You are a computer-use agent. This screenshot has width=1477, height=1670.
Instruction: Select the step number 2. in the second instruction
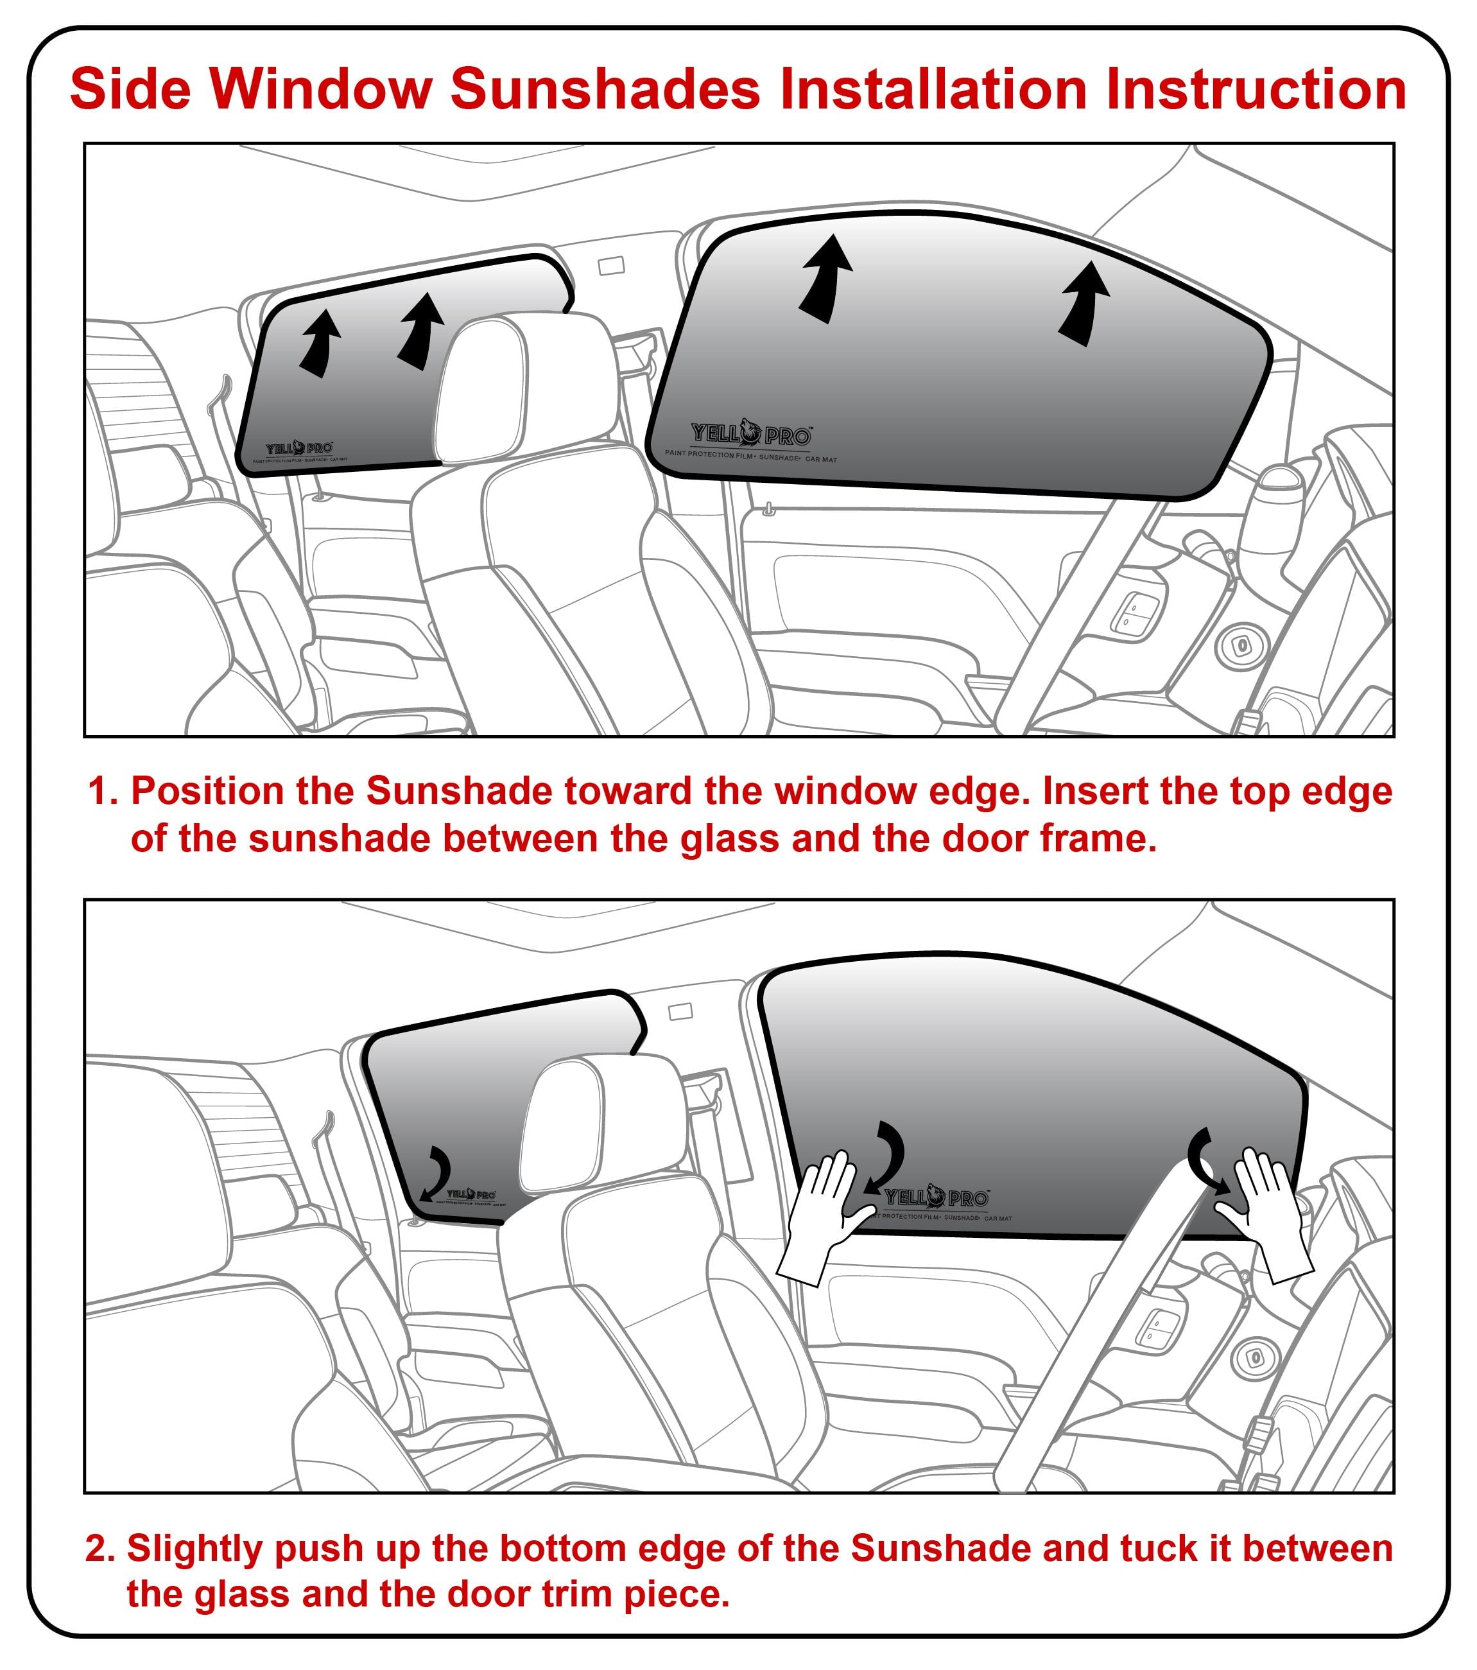[x=101, y=1548]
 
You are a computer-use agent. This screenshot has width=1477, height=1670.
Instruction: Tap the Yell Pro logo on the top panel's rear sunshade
[x=298, y=449]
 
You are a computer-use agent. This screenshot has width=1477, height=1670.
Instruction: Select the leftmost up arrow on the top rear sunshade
[x=320, y=343]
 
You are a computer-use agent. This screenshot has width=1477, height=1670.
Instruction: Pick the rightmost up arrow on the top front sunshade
[x=1085, y=302]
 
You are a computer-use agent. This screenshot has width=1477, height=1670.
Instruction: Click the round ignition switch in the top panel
[x=1241, y=645]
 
